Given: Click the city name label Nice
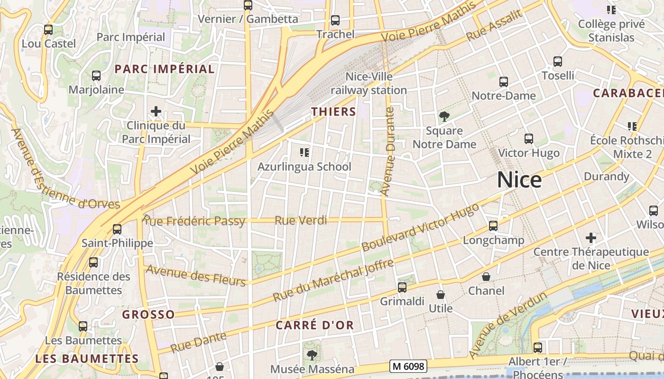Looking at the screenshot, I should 519,180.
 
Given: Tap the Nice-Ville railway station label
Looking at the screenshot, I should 369,83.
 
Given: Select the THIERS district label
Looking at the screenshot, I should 333,112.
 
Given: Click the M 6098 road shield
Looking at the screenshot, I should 408,366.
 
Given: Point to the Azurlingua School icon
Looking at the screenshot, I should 304,153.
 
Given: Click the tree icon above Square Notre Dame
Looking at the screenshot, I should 444,116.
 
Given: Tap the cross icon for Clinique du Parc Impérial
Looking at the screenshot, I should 156,112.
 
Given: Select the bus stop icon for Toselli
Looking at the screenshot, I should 558,62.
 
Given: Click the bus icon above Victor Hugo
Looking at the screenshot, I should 529,139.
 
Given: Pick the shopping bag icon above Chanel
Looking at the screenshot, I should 486,277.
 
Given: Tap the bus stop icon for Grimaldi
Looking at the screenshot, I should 402,287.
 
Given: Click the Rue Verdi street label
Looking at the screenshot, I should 301,220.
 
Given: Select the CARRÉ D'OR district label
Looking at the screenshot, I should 315,325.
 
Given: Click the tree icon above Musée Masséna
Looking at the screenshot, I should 312,355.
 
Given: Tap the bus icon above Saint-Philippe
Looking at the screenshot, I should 117,229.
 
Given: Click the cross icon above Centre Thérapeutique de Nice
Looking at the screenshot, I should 591,237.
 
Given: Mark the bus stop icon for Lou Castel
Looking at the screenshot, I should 48,30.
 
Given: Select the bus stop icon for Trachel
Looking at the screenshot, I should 335,20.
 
